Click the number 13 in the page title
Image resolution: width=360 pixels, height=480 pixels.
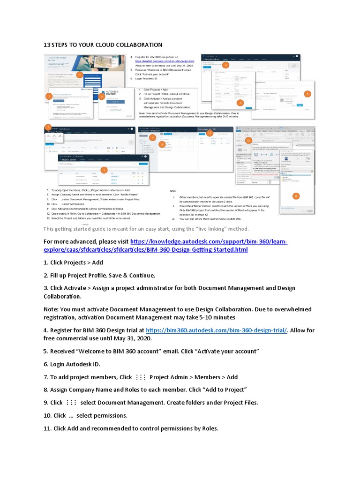tap(47, 45)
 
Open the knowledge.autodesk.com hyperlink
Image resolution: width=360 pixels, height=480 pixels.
tap(209, 246)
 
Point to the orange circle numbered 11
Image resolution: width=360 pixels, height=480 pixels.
tap(210, 133)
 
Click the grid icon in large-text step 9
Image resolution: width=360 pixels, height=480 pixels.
tap(71, 403)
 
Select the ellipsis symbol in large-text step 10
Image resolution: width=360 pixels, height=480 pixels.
tap(71, 416)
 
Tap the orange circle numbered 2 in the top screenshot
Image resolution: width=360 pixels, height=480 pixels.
tap(48, 96)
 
